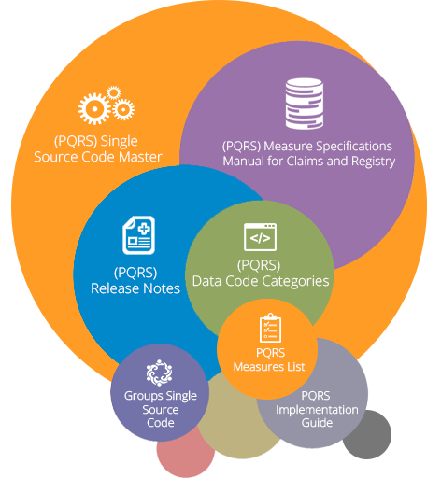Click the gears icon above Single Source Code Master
[107, 105]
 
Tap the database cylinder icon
[305, 104]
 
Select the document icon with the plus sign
[139, 235]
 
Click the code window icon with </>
[260, 237]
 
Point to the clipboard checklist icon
[270, 328]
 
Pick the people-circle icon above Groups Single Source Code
[159, 373]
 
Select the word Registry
[373, 162]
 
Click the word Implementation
[317, 410]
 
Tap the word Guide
[317, 423]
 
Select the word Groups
[144, 396]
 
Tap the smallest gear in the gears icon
[113, 92]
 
